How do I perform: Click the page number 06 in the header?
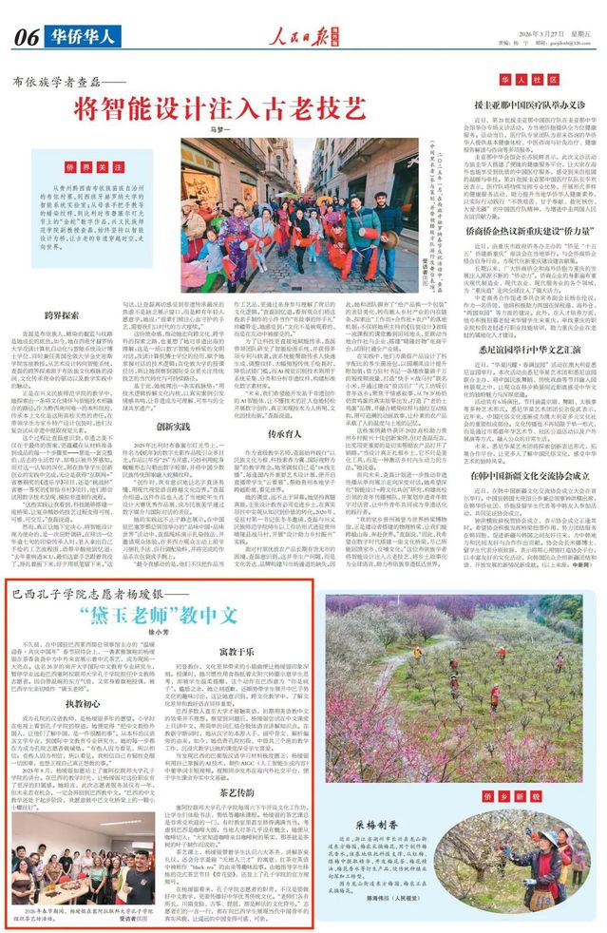click(x=25, y=37)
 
